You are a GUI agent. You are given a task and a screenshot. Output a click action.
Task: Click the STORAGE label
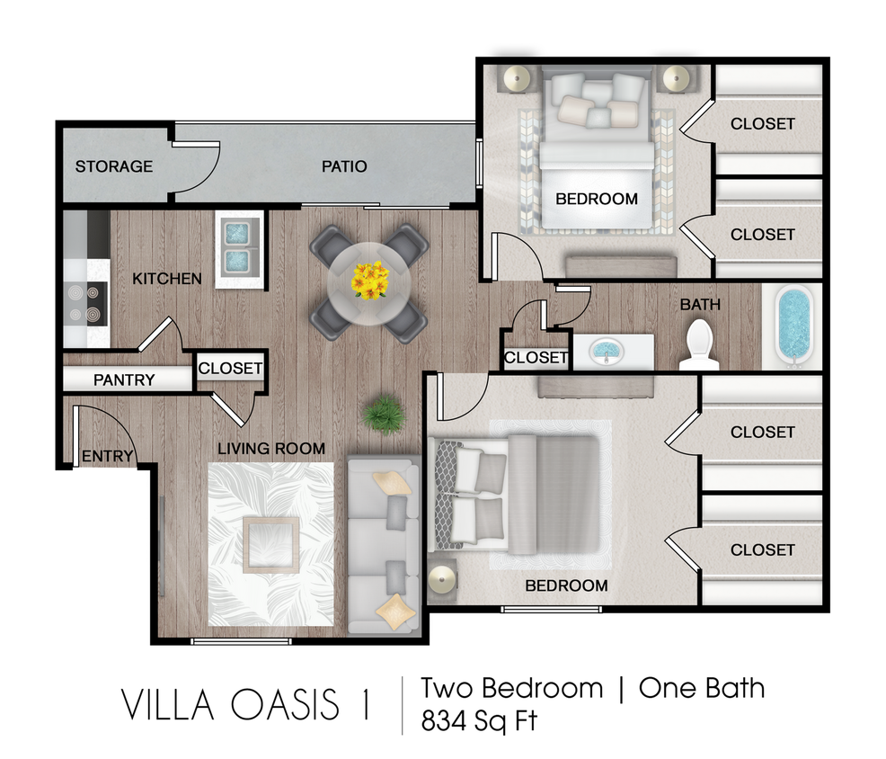point(113,166)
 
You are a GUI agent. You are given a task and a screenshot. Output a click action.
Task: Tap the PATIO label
point(344,166)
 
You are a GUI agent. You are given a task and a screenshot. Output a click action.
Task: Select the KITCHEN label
point(167,279)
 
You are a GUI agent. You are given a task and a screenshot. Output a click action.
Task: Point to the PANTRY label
point(124,380)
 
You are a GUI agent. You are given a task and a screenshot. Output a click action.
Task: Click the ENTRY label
point(107,457)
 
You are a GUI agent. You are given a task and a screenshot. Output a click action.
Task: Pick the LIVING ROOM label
point(270,449)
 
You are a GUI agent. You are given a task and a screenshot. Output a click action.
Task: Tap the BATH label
point(699,305)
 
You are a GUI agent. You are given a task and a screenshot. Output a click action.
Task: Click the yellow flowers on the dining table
point(369,281)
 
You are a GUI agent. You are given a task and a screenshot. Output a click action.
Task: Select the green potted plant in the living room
point(384,415)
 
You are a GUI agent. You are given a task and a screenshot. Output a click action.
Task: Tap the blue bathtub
point(793,326)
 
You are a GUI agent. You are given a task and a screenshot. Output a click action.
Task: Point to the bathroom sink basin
point(606,349)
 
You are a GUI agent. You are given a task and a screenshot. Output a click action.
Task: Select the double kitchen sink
point(237,247)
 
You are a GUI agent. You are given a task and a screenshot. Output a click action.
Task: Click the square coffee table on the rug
point(270,545)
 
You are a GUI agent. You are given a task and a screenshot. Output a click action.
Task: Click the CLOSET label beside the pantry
point(230,369)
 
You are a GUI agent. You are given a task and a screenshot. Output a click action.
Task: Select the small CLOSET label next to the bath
point(536,358)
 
